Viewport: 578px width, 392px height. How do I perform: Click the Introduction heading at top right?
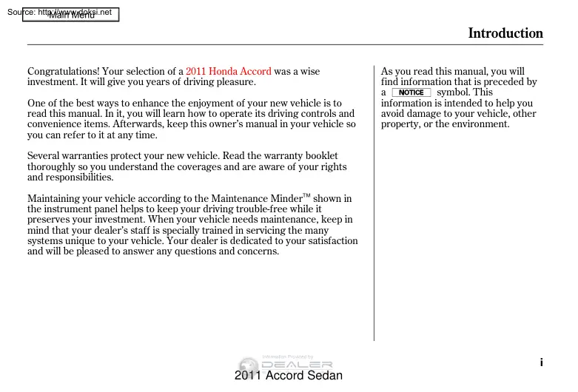505,33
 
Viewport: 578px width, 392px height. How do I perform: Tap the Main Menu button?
71,16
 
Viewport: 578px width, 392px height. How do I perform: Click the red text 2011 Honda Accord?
229,72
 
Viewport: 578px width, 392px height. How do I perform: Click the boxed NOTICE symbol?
411,92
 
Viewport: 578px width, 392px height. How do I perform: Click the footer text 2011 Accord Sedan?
288,376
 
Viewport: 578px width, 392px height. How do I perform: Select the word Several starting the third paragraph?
44,156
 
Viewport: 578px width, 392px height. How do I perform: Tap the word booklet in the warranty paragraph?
321,156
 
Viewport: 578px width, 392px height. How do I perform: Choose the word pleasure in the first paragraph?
233,82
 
